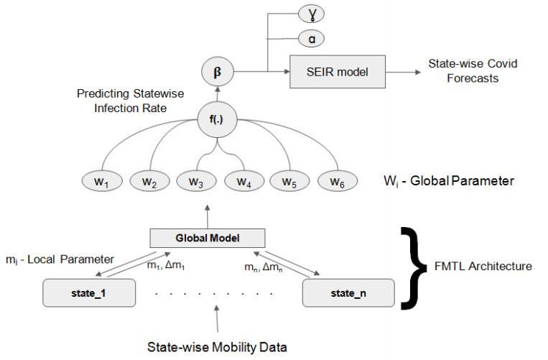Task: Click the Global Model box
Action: tap(208, 238)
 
